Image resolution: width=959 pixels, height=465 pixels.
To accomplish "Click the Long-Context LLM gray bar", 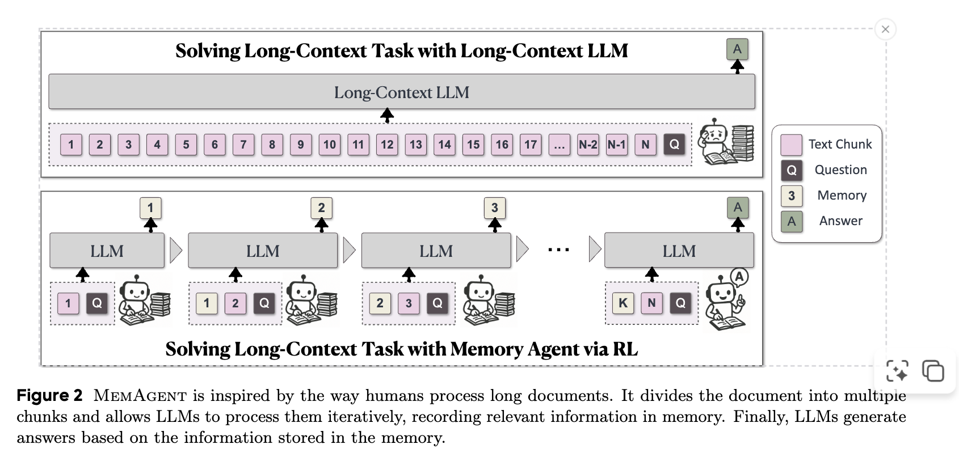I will coord(401,92).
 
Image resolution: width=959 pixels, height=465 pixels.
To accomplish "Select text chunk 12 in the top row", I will coord(387,144).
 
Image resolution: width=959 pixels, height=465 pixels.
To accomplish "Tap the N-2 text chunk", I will coord(588,144).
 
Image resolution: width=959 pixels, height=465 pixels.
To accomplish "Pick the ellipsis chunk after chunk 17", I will coord(559,144).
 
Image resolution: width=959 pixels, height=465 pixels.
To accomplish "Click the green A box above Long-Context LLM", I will coord(737,49).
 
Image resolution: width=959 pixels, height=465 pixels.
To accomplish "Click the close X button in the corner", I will coord(885,29).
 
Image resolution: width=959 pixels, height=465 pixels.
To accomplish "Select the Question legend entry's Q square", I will coord(792,170).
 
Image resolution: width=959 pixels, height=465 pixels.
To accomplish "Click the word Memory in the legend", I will coord(842,195).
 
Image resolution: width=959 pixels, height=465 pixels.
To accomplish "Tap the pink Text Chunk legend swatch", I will coord(792,145).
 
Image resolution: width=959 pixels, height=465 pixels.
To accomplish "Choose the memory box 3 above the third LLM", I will coord(494,208).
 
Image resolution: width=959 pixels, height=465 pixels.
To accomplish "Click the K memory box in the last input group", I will coord(623,303).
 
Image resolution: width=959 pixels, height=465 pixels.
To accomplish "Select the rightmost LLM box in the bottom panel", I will coord(679,251).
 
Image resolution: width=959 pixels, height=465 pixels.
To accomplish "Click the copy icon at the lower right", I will coord(933,371).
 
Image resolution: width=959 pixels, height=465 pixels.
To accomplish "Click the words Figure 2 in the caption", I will coord(49,395).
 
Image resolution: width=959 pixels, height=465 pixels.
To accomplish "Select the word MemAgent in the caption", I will coord(140,395).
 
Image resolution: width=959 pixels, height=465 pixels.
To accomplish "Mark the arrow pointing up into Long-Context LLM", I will coord(387,116).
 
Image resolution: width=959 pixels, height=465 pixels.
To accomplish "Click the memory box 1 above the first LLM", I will coord(150,208).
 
